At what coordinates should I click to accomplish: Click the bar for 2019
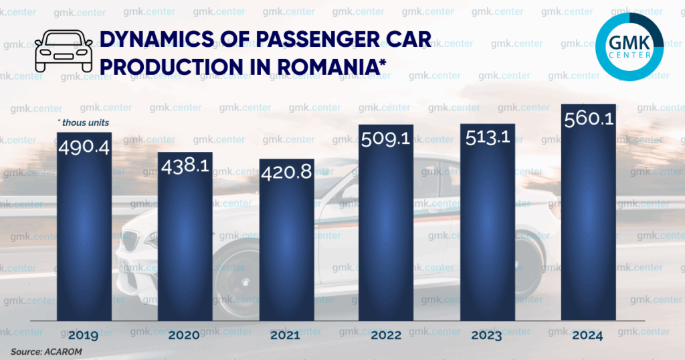point(84,228)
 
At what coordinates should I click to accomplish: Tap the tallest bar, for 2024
point(588,214)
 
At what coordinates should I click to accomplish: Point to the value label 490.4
point(84,147)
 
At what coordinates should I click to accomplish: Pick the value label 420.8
point(286,172)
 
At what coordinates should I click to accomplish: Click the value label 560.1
point(588,119)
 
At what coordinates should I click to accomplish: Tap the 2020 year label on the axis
point(185,335)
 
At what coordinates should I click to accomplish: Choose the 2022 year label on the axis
point(387,335)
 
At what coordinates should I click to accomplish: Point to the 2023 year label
point(487,335)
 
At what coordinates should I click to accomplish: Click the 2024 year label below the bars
point(588,335)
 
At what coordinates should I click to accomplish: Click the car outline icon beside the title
point(64,50)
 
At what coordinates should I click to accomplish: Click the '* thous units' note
point(84,122)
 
